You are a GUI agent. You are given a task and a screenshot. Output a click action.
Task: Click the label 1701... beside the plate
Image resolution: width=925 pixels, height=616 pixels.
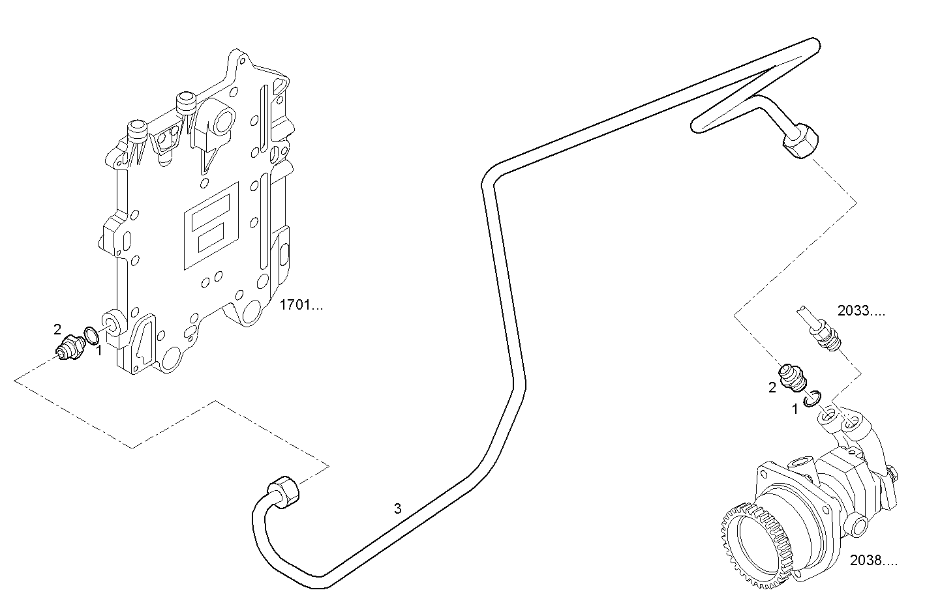(300, 304)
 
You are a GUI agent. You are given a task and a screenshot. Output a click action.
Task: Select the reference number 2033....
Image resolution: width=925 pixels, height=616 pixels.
(861, 311)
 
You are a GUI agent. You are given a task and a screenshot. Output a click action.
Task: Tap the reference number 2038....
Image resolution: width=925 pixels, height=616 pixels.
(873, 560)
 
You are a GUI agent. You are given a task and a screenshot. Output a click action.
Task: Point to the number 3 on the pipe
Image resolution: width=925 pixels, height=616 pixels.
(397, 508)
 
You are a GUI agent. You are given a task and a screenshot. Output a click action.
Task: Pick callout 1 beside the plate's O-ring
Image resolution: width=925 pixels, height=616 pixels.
(99, 351)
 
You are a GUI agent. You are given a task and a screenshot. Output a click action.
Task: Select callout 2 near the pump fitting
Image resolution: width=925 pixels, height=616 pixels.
(772, 387)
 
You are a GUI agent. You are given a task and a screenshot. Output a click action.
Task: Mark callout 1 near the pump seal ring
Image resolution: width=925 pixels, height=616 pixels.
(795, 409)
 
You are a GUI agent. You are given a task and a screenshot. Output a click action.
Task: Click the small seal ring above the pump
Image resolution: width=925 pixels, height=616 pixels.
(812, 398)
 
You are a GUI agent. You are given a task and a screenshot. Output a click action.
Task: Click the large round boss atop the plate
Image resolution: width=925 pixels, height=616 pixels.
(222, 121)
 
